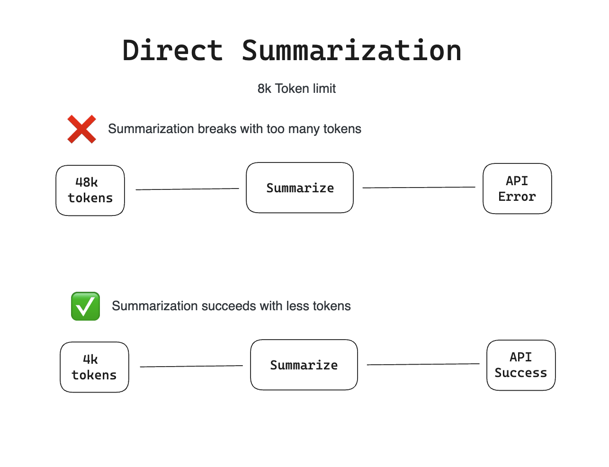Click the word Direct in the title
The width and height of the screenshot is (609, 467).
[173, 50]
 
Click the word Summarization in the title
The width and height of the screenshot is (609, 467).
[351, 50]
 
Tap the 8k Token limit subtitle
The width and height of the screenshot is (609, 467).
[296, 89]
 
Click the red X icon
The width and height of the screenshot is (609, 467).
[82, 129]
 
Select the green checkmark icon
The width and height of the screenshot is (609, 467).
[86, 306]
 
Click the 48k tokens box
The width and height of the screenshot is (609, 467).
[90, 190]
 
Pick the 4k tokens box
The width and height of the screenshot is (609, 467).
[94, 367]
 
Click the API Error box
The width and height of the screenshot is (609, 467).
[517, 189]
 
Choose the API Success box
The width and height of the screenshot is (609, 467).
[521, 365]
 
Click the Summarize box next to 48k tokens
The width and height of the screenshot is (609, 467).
[300, 188]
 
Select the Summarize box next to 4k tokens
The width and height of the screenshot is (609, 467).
[304, 365]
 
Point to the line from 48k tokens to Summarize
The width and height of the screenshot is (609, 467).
[187, 189]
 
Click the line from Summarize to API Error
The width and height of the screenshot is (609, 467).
[419, 187]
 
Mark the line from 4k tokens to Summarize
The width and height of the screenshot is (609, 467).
[191, 366]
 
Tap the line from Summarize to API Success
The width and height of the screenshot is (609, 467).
[423, 364]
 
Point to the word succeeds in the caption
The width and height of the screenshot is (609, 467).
[228, 306]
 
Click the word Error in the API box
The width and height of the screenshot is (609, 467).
[517, 197]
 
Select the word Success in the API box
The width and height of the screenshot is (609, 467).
[521, 373]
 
